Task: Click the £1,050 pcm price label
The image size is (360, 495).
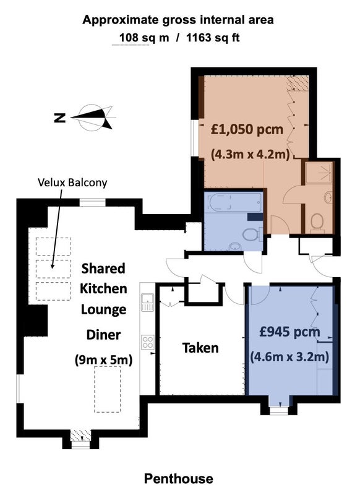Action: pyautogui.click(x=247, y=129)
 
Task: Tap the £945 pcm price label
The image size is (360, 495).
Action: pyautogui.click(x=289, y=332)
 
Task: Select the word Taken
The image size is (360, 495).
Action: pyautogui.click(x=200, y=348)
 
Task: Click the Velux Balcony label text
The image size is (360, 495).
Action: pyautogui.click(x=72, y=183)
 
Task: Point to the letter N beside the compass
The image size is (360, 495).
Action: pyautogui.click(x=59, y=118)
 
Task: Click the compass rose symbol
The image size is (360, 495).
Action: pyautogui.click(x=95, y=118)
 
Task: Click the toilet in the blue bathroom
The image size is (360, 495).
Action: pyautogui.click(x=252, y=235)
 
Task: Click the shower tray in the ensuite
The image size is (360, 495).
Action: pyautogui.click(x=319, y=173)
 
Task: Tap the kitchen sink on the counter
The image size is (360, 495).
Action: pyautogui.click(x=147, y=302)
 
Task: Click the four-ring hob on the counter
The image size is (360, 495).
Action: pyautogui.click(x=148, y=342)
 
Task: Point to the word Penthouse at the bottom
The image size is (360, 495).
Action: pyautogui.click(x=179, y=478)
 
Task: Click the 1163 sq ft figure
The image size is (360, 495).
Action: pyautogui.click(x=213, y=38)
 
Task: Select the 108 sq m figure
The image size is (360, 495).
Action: pyautogui.click(x=144, y=38)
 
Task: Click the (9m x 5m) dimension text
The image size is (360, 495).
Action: pyautogui.click(x=103, y=359)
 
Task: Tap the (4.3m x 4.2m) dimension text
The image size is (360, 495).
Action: pyautogui.click(x=250, y=154)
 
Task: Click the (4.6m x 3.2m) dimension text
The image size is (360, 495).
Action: pyautogui.click(x=289, y=357)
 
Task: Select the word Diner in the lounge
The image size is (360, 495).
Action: pyautogui.click(x=103, y=335)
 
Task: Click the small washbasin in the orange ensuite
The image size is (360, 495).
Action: pyautogui.click(x=328, y=197)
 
